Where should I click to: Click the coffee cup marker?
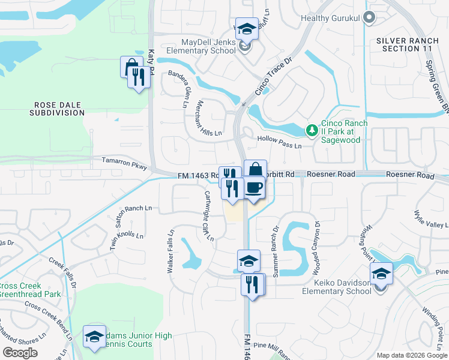pos(253,188)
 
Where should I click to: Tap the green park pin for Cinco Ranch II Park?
pos(312,130)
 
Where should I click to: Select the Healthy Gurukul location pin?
pos(369,18)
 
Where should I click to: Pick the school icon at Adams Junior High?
pos(94,337)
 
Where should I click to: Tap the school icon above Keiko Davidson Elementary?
pos(381,274)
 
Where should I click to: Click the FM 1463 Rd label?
pos(199,175)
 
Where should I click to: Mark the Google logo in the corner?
pos(20,353)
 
